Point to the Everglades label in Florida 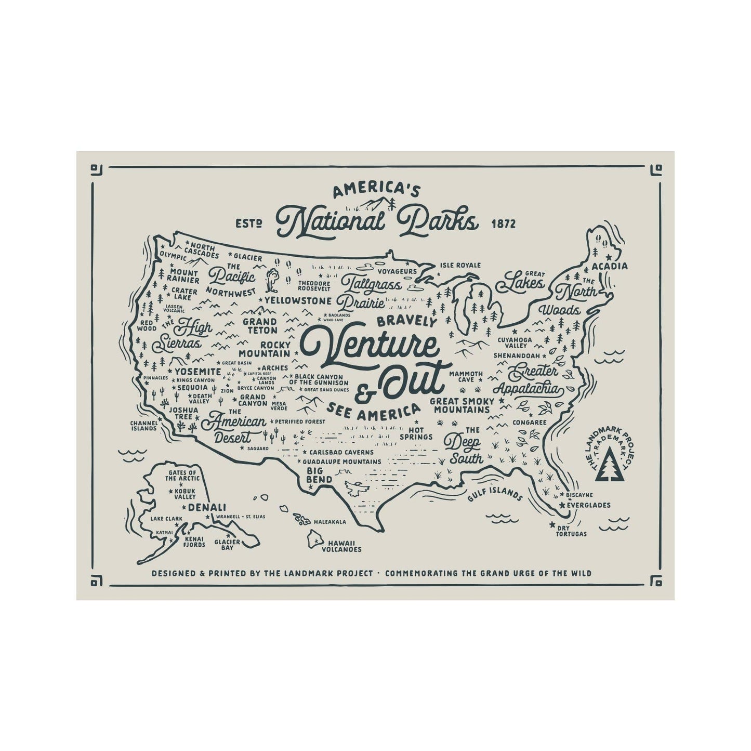588,505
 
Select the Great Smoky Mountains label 460,405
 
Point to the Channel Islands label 143,425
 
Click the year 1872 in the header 503,224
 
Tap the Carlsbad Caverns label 341,452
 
